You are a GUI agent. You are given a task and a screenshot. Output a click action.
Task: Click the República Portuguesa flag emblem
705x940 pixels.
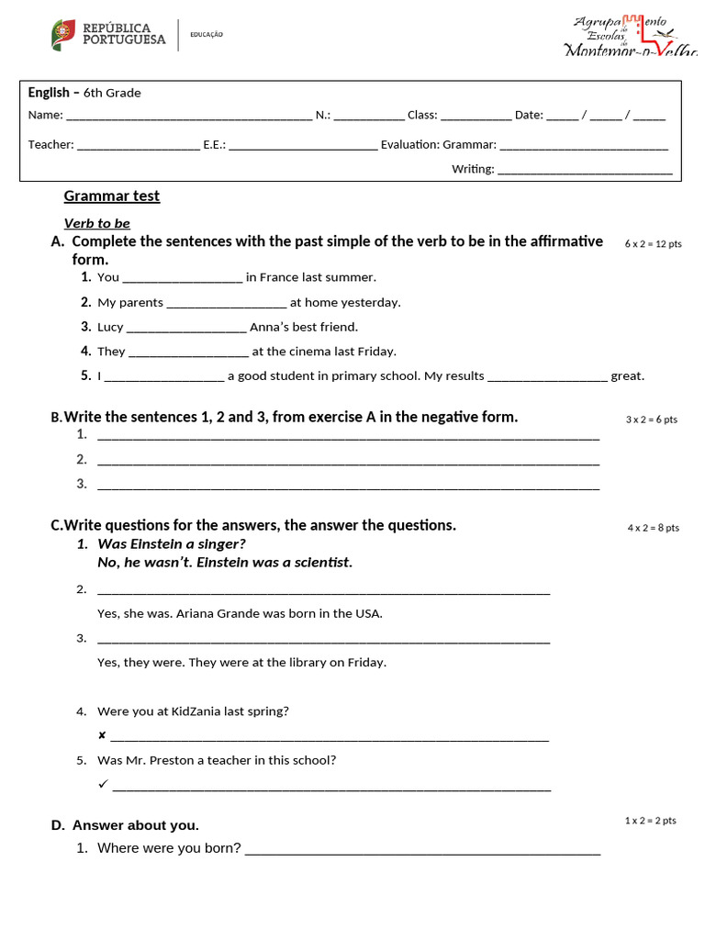tap(63, 35)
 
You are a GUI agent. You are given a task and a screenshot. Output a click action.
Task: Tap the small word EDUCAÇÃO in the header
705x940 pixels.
tap(207, 35)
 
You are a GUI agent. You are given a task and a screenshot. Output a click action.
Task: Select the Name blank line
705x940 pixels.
tap(189, 117)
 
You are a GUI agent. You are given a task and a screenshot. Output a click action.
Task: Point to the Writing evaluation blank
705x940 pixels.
tap(585, 170)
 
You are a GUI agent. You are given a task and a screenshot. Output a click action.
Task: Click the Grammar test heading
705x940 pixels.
tap(111, 196)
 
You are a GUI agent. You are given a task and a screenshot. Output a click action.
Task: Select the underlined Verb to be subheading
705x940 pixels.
tap(96, 223)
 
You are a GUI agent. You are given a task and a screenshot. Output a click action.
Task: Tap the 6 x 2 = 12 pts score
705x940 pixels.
tap(653, 244)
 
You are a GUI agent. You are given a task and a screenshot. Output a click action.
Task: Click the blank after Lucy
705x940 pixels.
tap(186, 328)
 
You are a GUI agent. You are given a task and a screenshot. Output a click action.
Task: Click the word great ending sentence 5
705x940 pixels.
tap(627, 375)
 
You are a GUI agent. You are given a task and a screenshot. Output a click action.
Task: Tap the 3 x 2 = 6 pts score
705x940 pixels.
tap(651, 420)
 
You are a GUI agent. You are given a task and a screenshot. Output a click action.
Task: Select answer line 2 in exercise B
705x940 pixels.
tap(348, 461)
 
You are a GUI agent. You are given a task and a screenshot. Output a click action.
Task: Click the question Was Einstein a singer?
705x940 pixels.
tap(172, 543)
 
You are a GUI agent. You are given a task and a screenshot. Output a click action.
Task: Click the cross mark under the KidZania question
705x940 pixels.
tap(102, 735)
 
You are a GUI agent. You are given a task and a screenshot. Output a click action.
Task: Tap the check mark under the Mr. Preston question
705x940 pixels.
tap(103, 784)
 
